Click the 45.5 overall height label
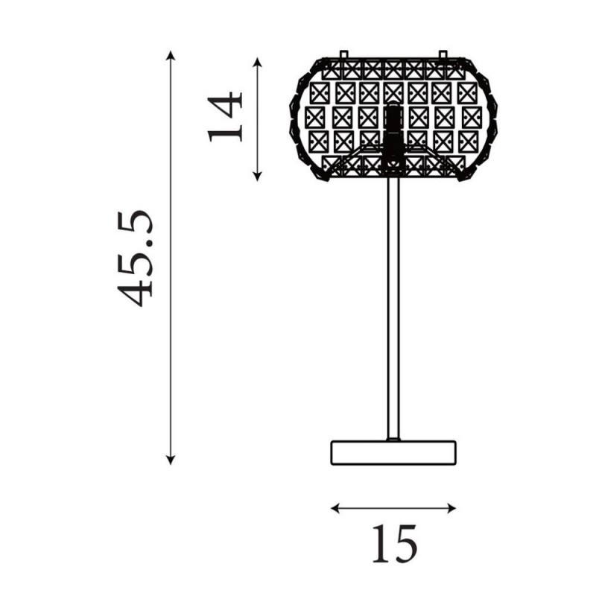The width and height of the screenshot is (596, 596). click(x=137, y=257)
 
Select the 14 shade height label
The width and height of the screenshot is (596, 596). click(x=226, y=116)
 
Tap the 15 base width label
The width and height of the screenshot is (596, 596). click(x=394, y=543)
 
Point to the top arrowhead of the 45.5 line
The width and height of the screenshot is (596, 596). click(x=171, y=54)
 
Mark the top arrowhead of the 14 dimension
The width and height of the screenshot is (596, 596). click(x=258, y=60)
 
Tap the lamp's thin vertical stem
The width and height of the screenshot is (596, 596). click(x=393, y=313)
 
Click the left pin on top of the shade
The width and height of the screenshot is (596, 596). click(x=343, y=54)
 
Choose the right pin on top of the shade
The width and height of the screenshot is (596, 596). click(x=443, y=54)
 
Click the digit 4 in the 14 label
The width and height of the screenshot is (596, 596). click(x=226, y=104)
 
